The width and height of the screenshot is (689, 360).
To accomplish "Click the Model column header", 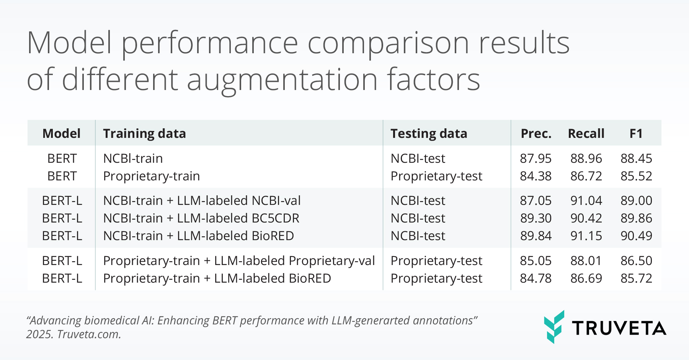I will click(61, 133).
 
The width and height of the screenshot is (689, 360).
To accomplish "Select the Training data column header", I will click(144, 133).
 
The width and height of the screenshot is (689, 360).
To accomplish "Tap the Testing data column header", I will click(429, 133).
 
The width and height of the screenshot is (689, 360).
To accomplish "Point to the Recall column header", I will click(586, 133).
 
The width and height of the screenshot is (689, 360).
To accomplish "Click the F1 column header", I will click(636, 133).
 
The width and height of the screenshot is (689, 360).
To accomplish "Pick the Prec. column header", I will click(536, 133).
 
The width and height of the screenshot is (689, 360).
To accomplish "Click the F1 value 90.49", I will click(636, 236).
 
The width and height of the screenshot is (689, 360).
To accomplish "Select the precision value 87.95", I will click(536, 158).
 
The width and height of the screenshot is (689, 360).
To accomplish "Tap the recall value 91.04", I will click(586, 200).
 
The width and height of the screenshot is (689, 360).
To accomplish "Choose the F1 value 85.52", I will click(636, 176).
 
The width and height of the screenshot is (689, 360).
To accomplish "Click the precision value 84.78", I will click(536, 278).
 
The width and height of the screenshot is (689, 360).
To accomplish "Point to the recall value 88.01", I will click(586, 260).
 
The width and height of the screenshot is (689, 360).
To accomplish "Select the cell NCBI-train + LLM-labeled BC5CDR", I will click(201, 218).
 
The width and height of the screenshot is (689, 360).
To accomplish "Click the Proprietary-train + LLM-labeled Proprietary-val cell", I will click(239, 260).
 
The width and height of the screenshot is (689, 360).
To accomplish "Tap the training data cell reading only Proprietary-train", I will click(152, 176).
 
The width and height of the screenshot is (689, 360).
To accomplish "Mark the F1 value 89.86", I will click(636, 218).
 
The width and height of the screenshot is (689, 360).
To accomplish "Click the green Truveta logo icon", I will click(554, 327).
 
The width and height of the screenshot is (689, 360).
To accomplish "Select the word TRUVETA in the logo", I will click(619, 328).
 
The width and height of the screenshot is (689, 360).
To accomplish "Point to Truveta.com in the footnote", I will click(89, 334).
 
